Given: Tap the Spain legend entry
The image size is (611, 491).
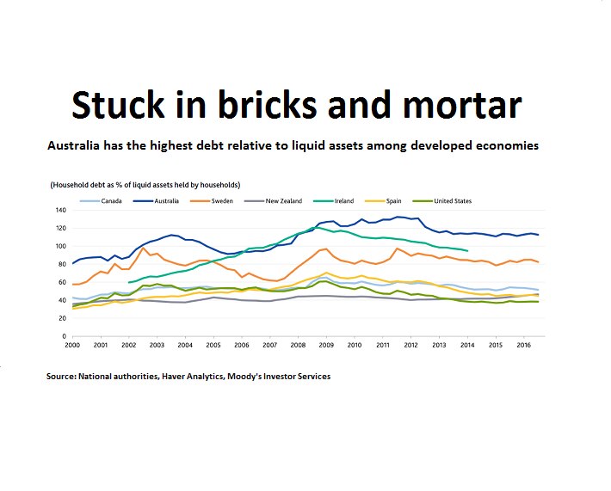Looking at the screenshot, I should pos(403,201).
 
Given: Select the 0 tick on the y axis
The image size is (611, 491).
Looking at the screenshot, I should pos(64,336).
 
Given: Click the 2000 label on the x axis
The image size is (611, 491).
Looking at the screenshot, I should pos(73,345).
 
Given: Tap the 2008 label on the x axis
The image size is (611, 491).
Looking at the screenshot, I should pos(298,345).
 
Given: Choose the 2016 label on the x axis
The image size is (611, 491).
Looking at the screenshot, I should pos(522,345).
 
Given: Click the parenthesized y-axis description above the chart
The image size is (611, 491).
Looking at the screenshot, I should pos(145,185).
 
